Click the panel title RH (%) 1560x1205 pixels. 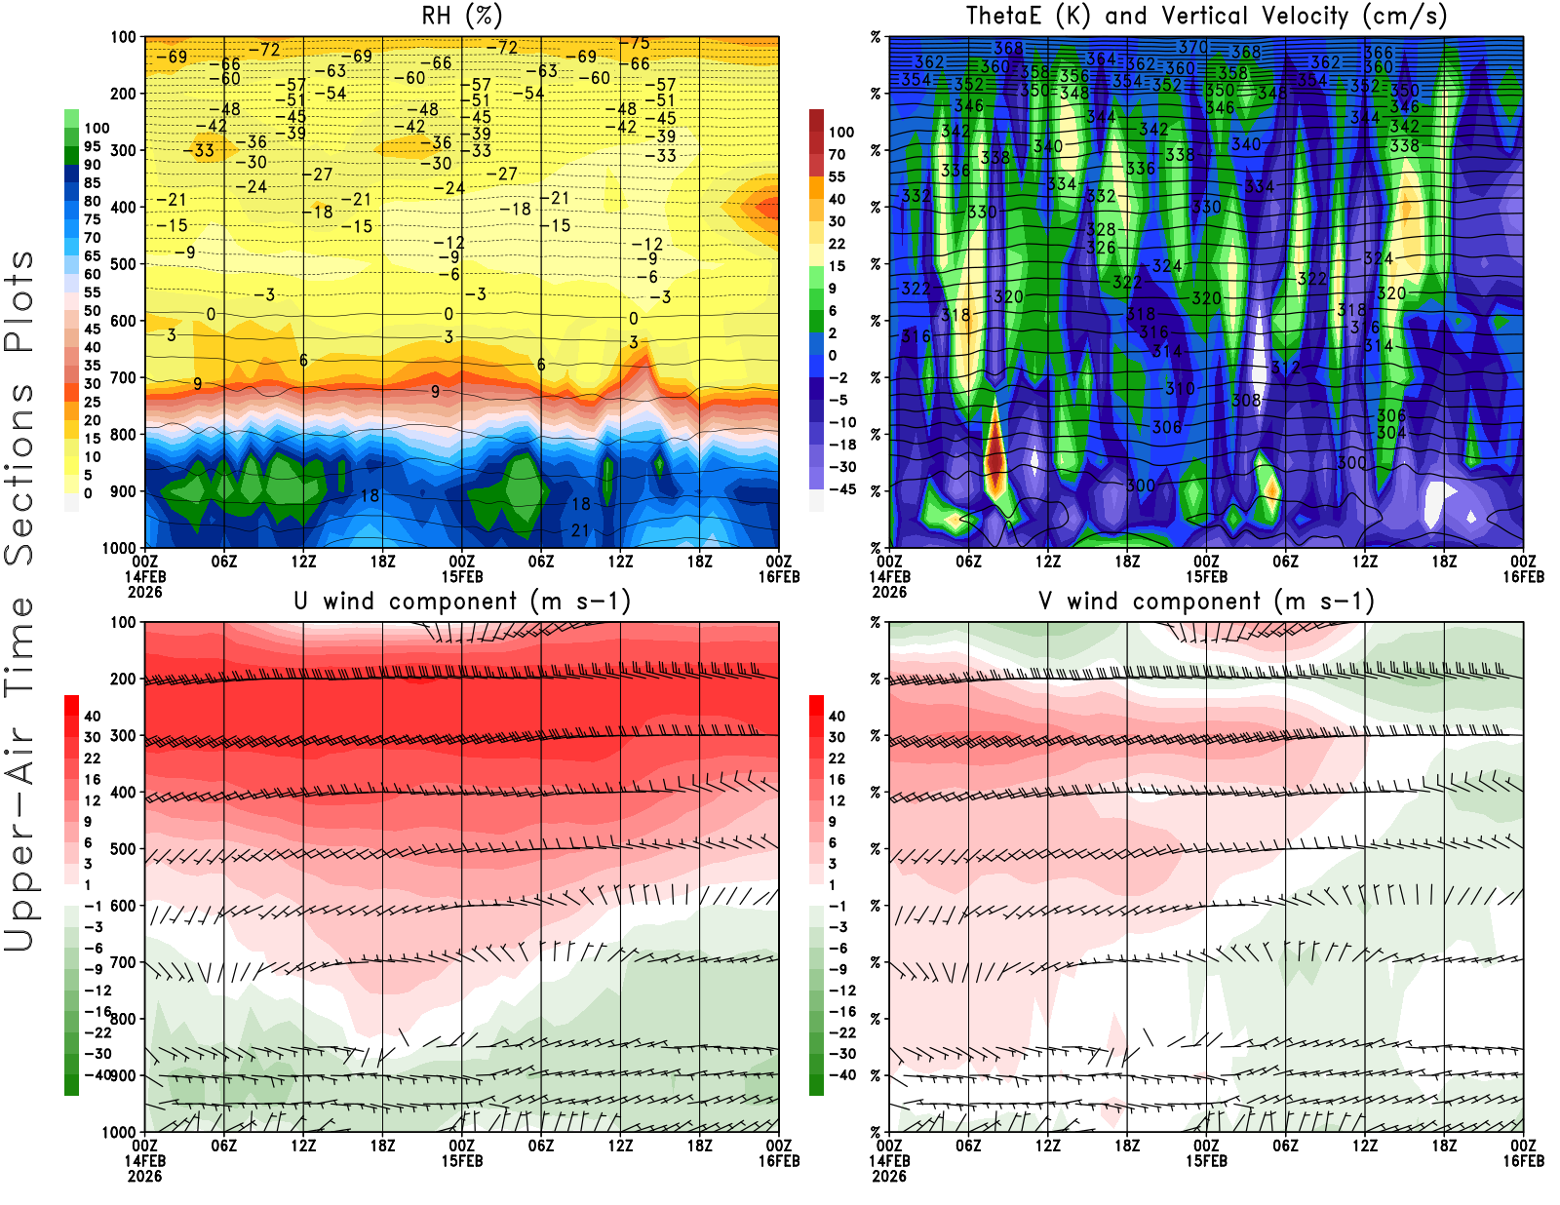pyautogui.click(x=461, y=17)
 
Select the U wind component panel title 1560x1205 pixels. pyautogui.click(x=461, y=602)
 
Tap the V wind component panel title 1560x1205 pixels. pyautogui.click(x=1206, y=602)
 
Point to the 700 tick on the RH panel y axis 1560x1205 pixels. pyautogui.click(x=123, y=377)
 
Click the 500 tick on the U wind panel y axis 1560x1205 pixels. pyautogui.click(x=123, y=849)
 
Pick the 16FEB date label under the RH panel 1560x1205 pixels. pyautogui.click(x=778, y=577)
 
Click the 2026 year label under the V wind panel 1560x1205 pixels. pyautogui.click(x=888, y=1176)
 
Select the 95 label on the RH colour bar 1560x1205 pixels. pyautogui.click(x=93, y=146)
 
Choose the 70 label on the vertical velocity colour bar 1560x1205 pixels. pyautogui.click(x=837, y=154)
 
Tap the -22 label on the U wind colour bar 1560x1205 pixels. pyautogui.click(x=97, y=1032)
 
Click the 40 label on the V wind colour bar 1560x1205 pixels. pyautogui.click(x=837, y=716)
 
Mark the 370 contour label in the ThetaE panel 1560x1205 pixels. pyautogui.click(x=1192, y=47)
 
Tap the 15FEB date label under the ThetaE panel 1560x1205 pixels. pyautogui.click(x=1206, y=577)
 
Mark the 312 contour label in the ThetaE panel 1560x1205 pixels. pyautogui.click(x=1285, y=368)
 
